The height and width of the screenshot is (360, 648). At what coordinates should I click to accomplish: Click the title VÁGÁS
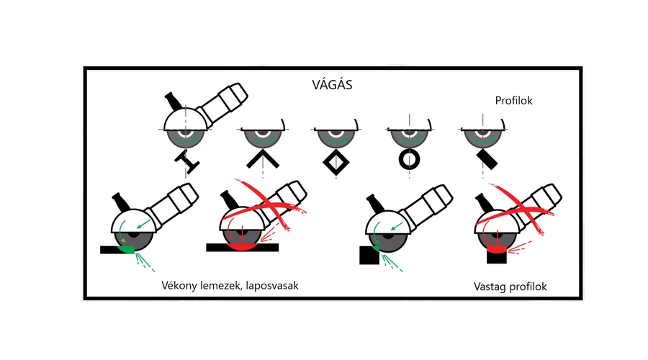click(332, 84)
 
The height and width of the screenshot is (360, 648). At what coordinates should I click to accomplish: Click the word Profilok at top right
click(513, 101)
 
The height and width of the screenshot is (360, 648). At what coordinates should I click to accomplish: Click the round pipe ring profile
click(409, 160)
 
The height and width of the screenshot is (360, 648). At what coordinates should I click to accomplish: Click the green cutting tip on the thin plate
click(125, 249)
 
